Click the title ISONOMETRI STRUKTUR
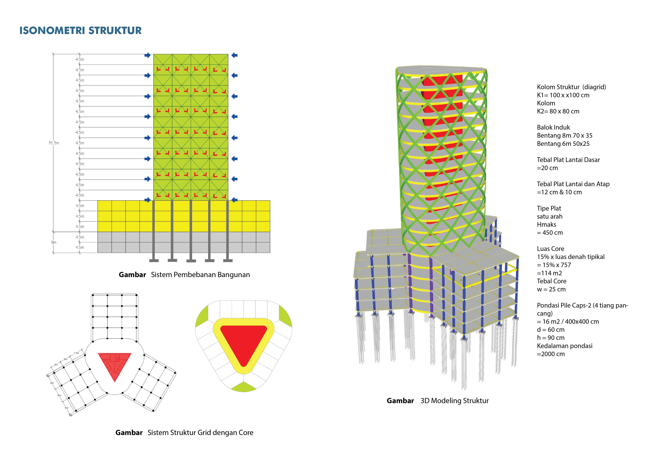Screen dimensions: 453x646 [80, 30]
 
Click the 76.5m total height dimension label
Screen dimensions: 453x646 [53, 143]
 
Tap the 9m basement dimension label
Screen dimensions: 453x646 [53, 242]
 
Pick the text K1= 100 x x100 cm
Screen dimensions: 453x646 [563, 95]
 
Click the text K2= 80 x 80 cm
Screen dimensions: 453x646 [558, 111]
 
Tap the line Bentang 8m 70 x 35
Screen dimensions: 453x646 [564, 136]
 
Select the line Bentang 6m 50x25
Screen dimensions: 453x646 [563, 144]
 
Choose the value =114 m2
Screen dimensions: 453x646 [549, 273]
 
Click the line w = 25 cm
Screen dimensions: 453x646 [551, 289]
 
